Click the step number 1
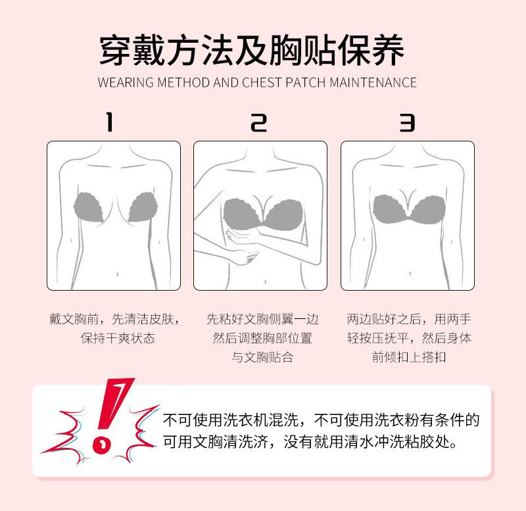(x=109, y=122)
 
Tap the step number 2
(x=258, y=122)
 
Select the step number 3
(x=407, y=122)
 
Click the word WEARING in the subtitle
(x=126, y=83)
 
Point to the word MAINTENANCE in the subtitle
(x=373, y=83)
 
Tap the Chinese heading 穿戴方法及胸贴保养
(x=252, y=51)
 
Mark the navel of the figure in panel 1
(x=117, y=274)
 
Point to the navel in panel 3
(x=410, y=274)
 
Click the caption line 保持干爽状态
(x=118, y=338)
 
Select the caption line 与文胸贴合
(x=262, y=357)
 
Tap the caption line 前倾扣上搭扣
(x=409, y=357)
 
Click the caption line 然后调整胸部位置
(x=262, y=338)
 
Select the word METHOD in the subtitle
(x=183, y=83)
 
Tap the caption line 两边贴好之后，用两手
(x=409, y=319)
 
